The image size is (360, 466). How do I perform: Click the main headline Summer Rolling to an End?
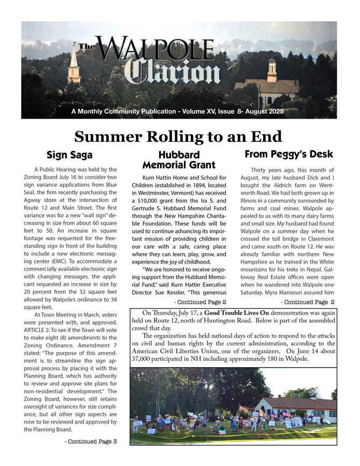click(178, 137)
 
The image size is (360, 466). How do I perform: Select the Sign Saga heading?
click(69, 155)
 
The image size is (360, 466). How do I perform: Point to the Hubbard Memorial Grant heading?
click(179, 160)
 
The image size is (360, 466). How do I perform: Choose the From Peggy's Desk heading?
click(289, 154)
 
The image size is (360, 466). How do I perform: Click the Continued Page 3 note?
click(91, 442)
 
